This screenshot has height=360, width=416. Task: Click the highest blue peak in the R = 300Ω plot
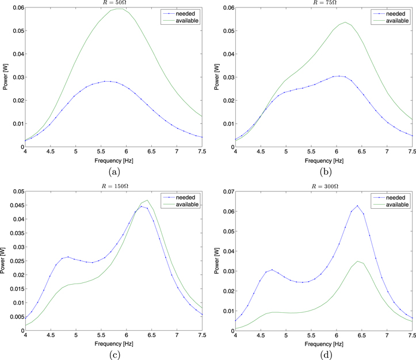[x=357, y=205]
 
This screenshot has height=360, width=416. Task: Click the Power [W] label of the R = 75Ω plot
[x=213, y=78]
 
